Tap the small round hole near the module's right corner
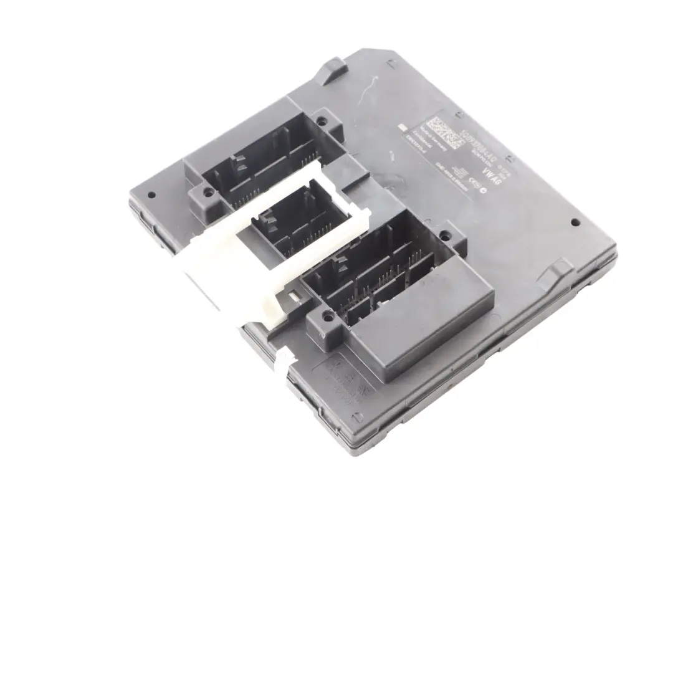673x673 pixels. (575, 222)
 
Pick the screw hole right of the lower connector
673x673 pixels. (445, 236)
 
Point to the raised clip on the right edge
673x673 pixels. (555, 272)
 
